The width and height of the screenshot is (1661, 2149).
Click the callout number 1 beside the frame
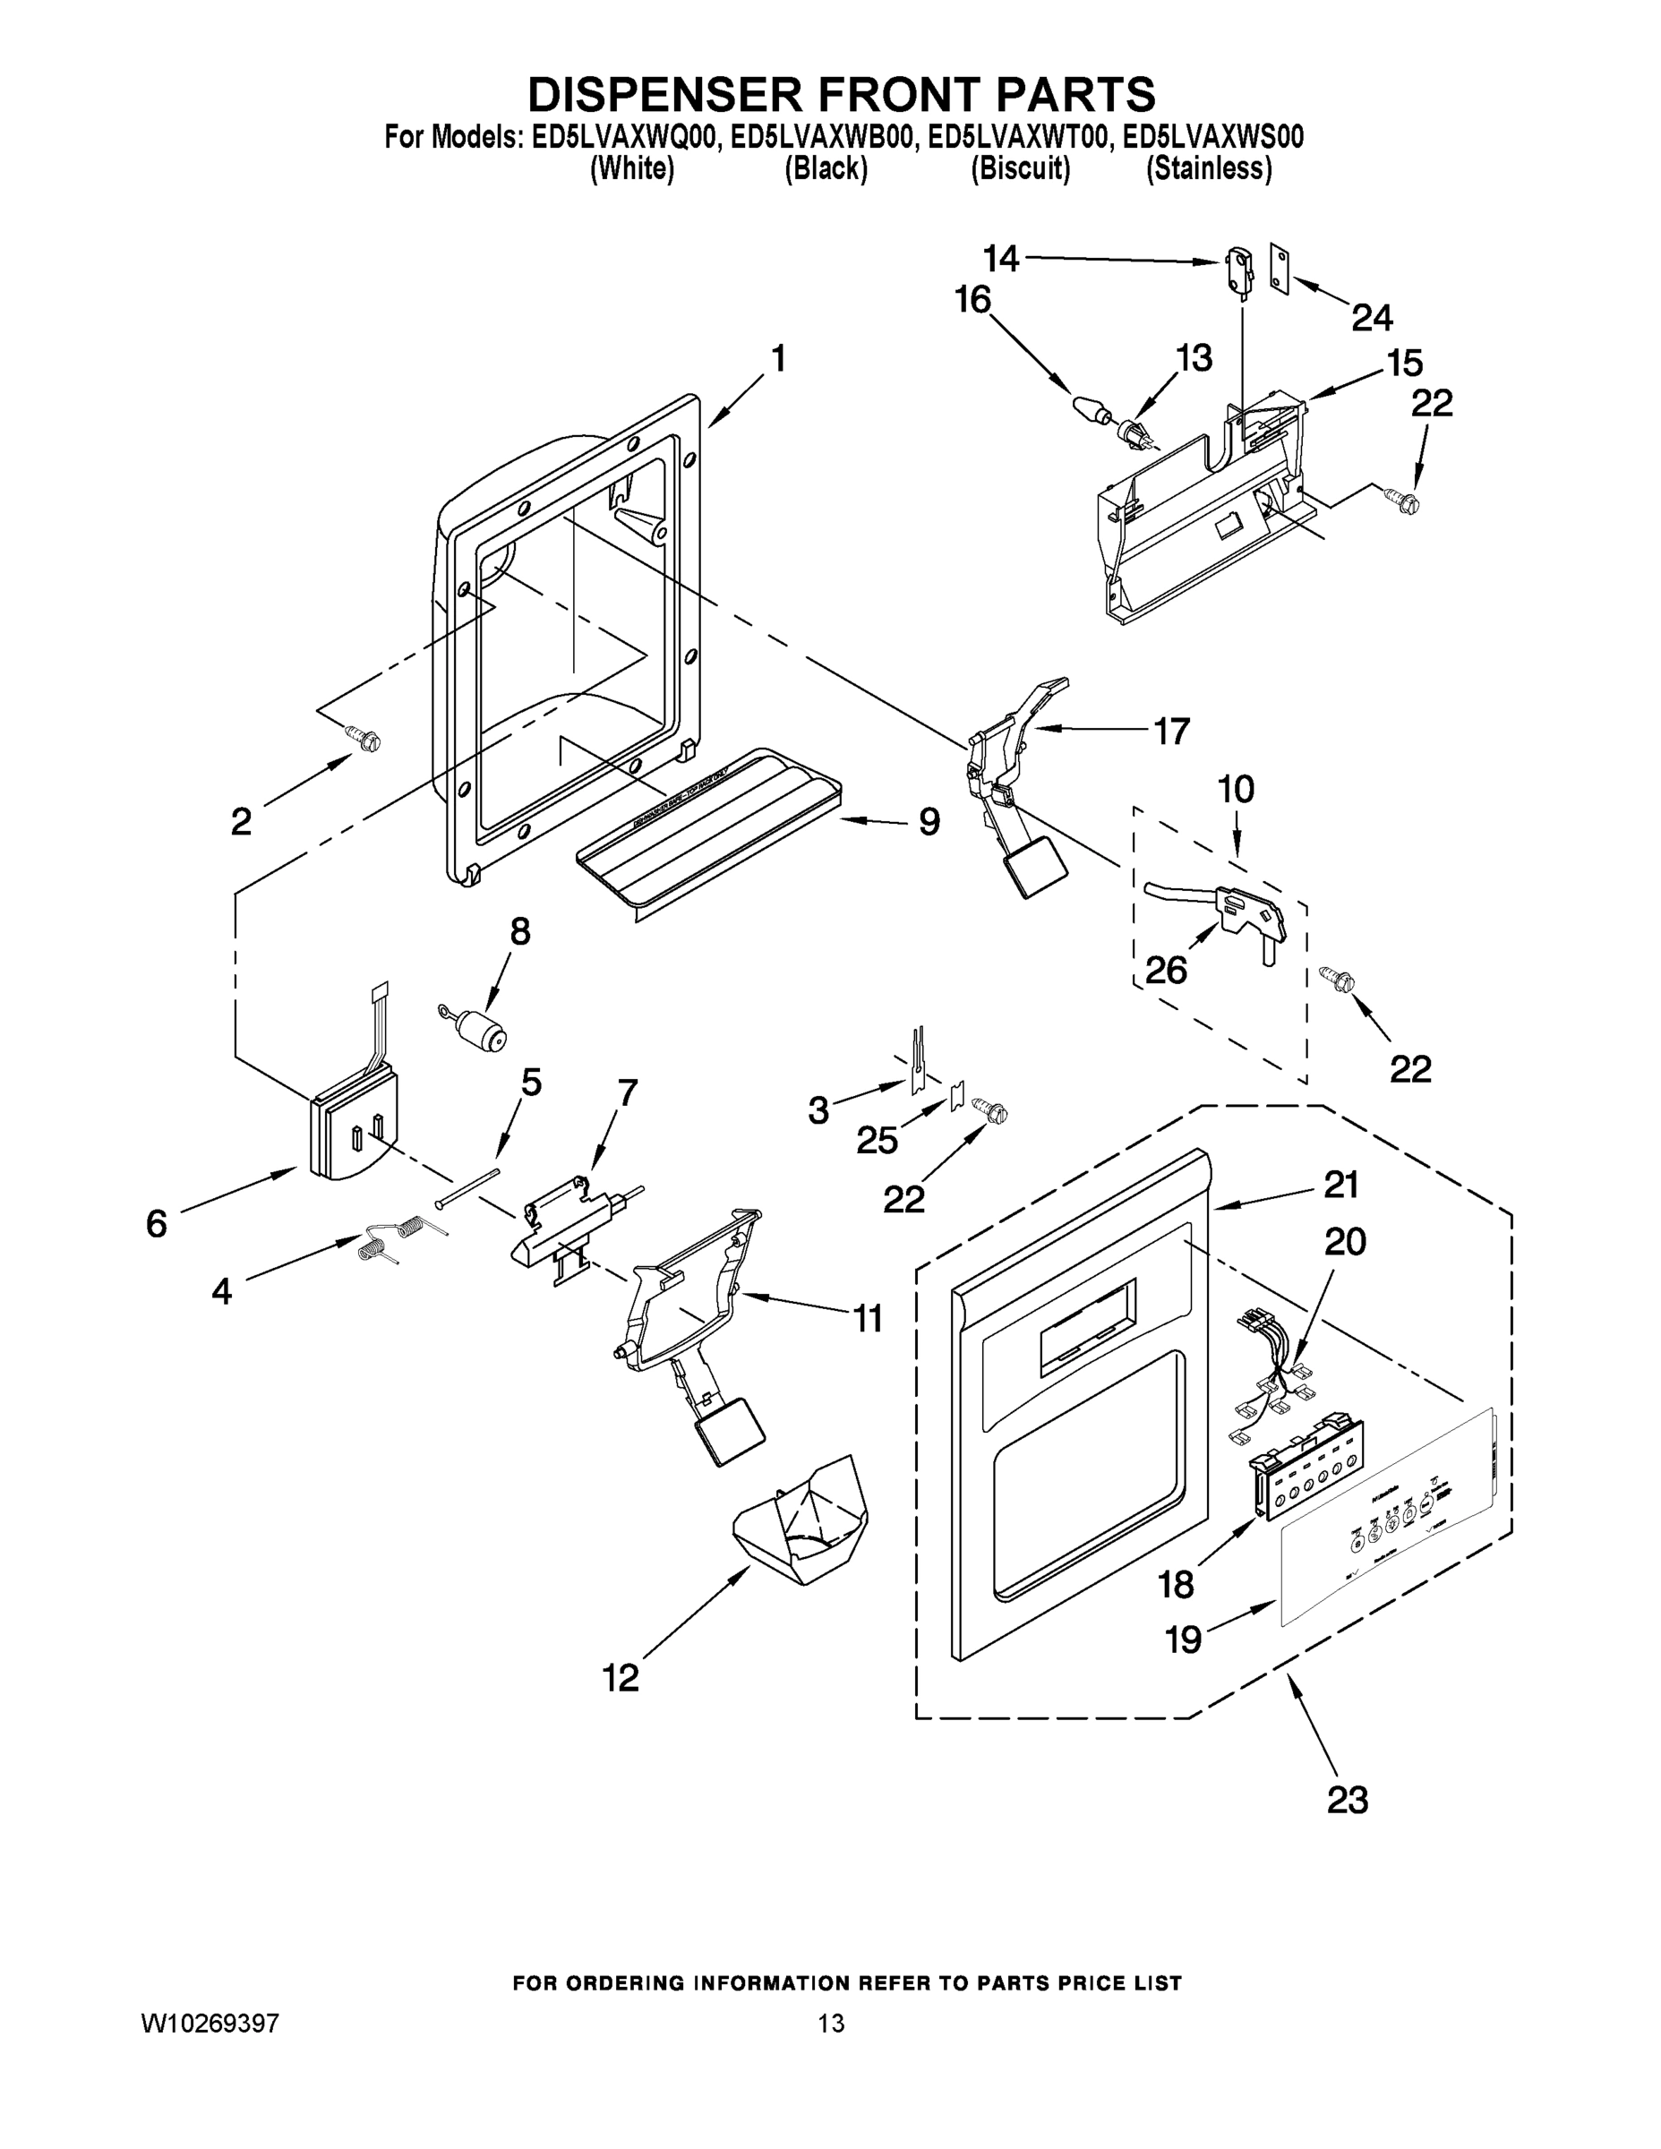pos(778,359)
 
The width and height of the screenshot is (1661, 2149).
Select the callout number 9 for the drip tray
pos(929,822)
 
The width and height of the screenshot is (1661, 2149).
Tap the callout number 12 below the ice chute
pos(621,1677)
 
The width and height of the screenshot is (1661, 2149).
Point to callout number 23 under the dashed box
pos(1347,1800)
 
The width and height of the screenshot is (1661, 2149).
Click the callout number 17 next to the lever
pos(1171,730)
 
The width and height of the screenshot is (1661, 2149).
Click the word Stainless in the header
pos(1210,169)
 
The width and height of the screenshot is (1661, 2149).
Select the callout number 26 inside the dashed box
pos(1166,971)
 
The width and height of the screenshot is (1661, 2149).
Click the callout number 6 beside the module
pos(157,1223)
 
